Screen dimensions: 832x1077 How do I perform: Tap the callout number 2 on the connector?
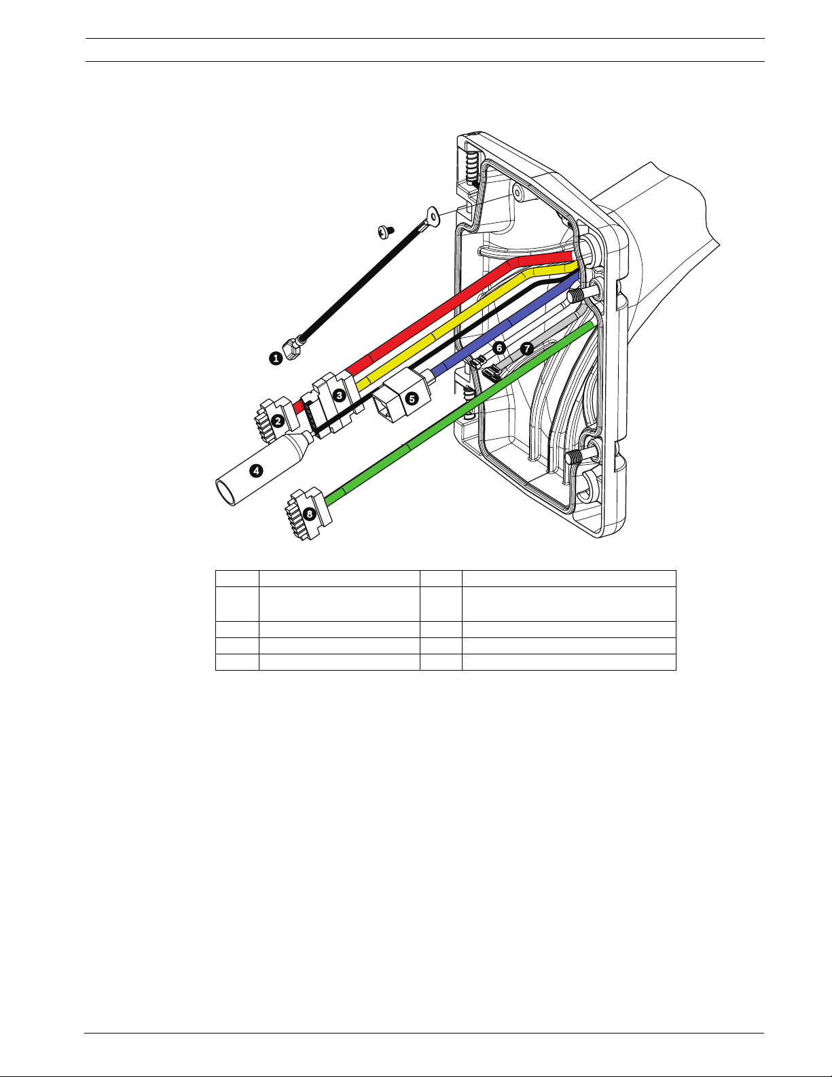pyautogui.click(x=278, y=421)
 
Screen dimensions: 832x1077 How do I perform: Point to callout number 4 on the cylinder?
pyautogui.click(x=255, y=470)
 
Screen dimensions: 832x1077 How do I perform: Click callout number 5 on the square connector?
pyautogui.click(x=412, y=398)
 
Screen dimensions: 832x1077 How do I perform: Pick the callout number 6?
pyautogui.click(x=499, y=348)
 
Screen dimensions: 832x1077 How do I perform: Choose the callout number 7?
pyautogui.click(x=527, y=348)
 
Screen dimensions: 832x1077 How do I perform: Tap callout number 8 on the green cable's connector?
pyautogui.click(x=310, y=514)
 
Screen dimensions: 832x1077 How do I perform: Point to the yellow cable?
pyautogui.click(x=448, y=326)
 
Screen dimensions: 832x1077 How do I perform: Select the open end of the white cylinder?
pyautogui.click(x=225, y=492)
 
